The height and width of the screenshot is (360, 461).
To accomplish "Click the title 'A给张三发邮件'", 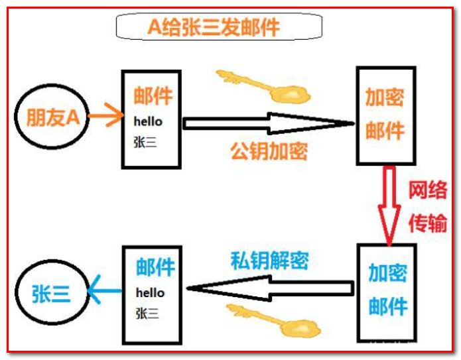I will [x=218, y=27].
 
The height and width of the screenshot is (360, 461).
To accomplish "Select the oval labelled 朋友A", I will [x=52, y=118].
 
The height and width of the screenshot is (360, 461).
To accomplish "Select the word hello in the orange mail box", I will [x=148, y=122].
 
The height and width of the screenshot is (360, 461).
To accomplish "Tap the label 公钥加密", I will [x=269, y=151].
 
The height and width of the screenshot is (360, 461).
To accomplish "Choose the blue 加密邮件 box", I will [x=387, y=291].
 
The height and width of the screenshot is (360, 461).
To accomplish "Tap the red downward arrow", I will [x=387, y=203].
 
